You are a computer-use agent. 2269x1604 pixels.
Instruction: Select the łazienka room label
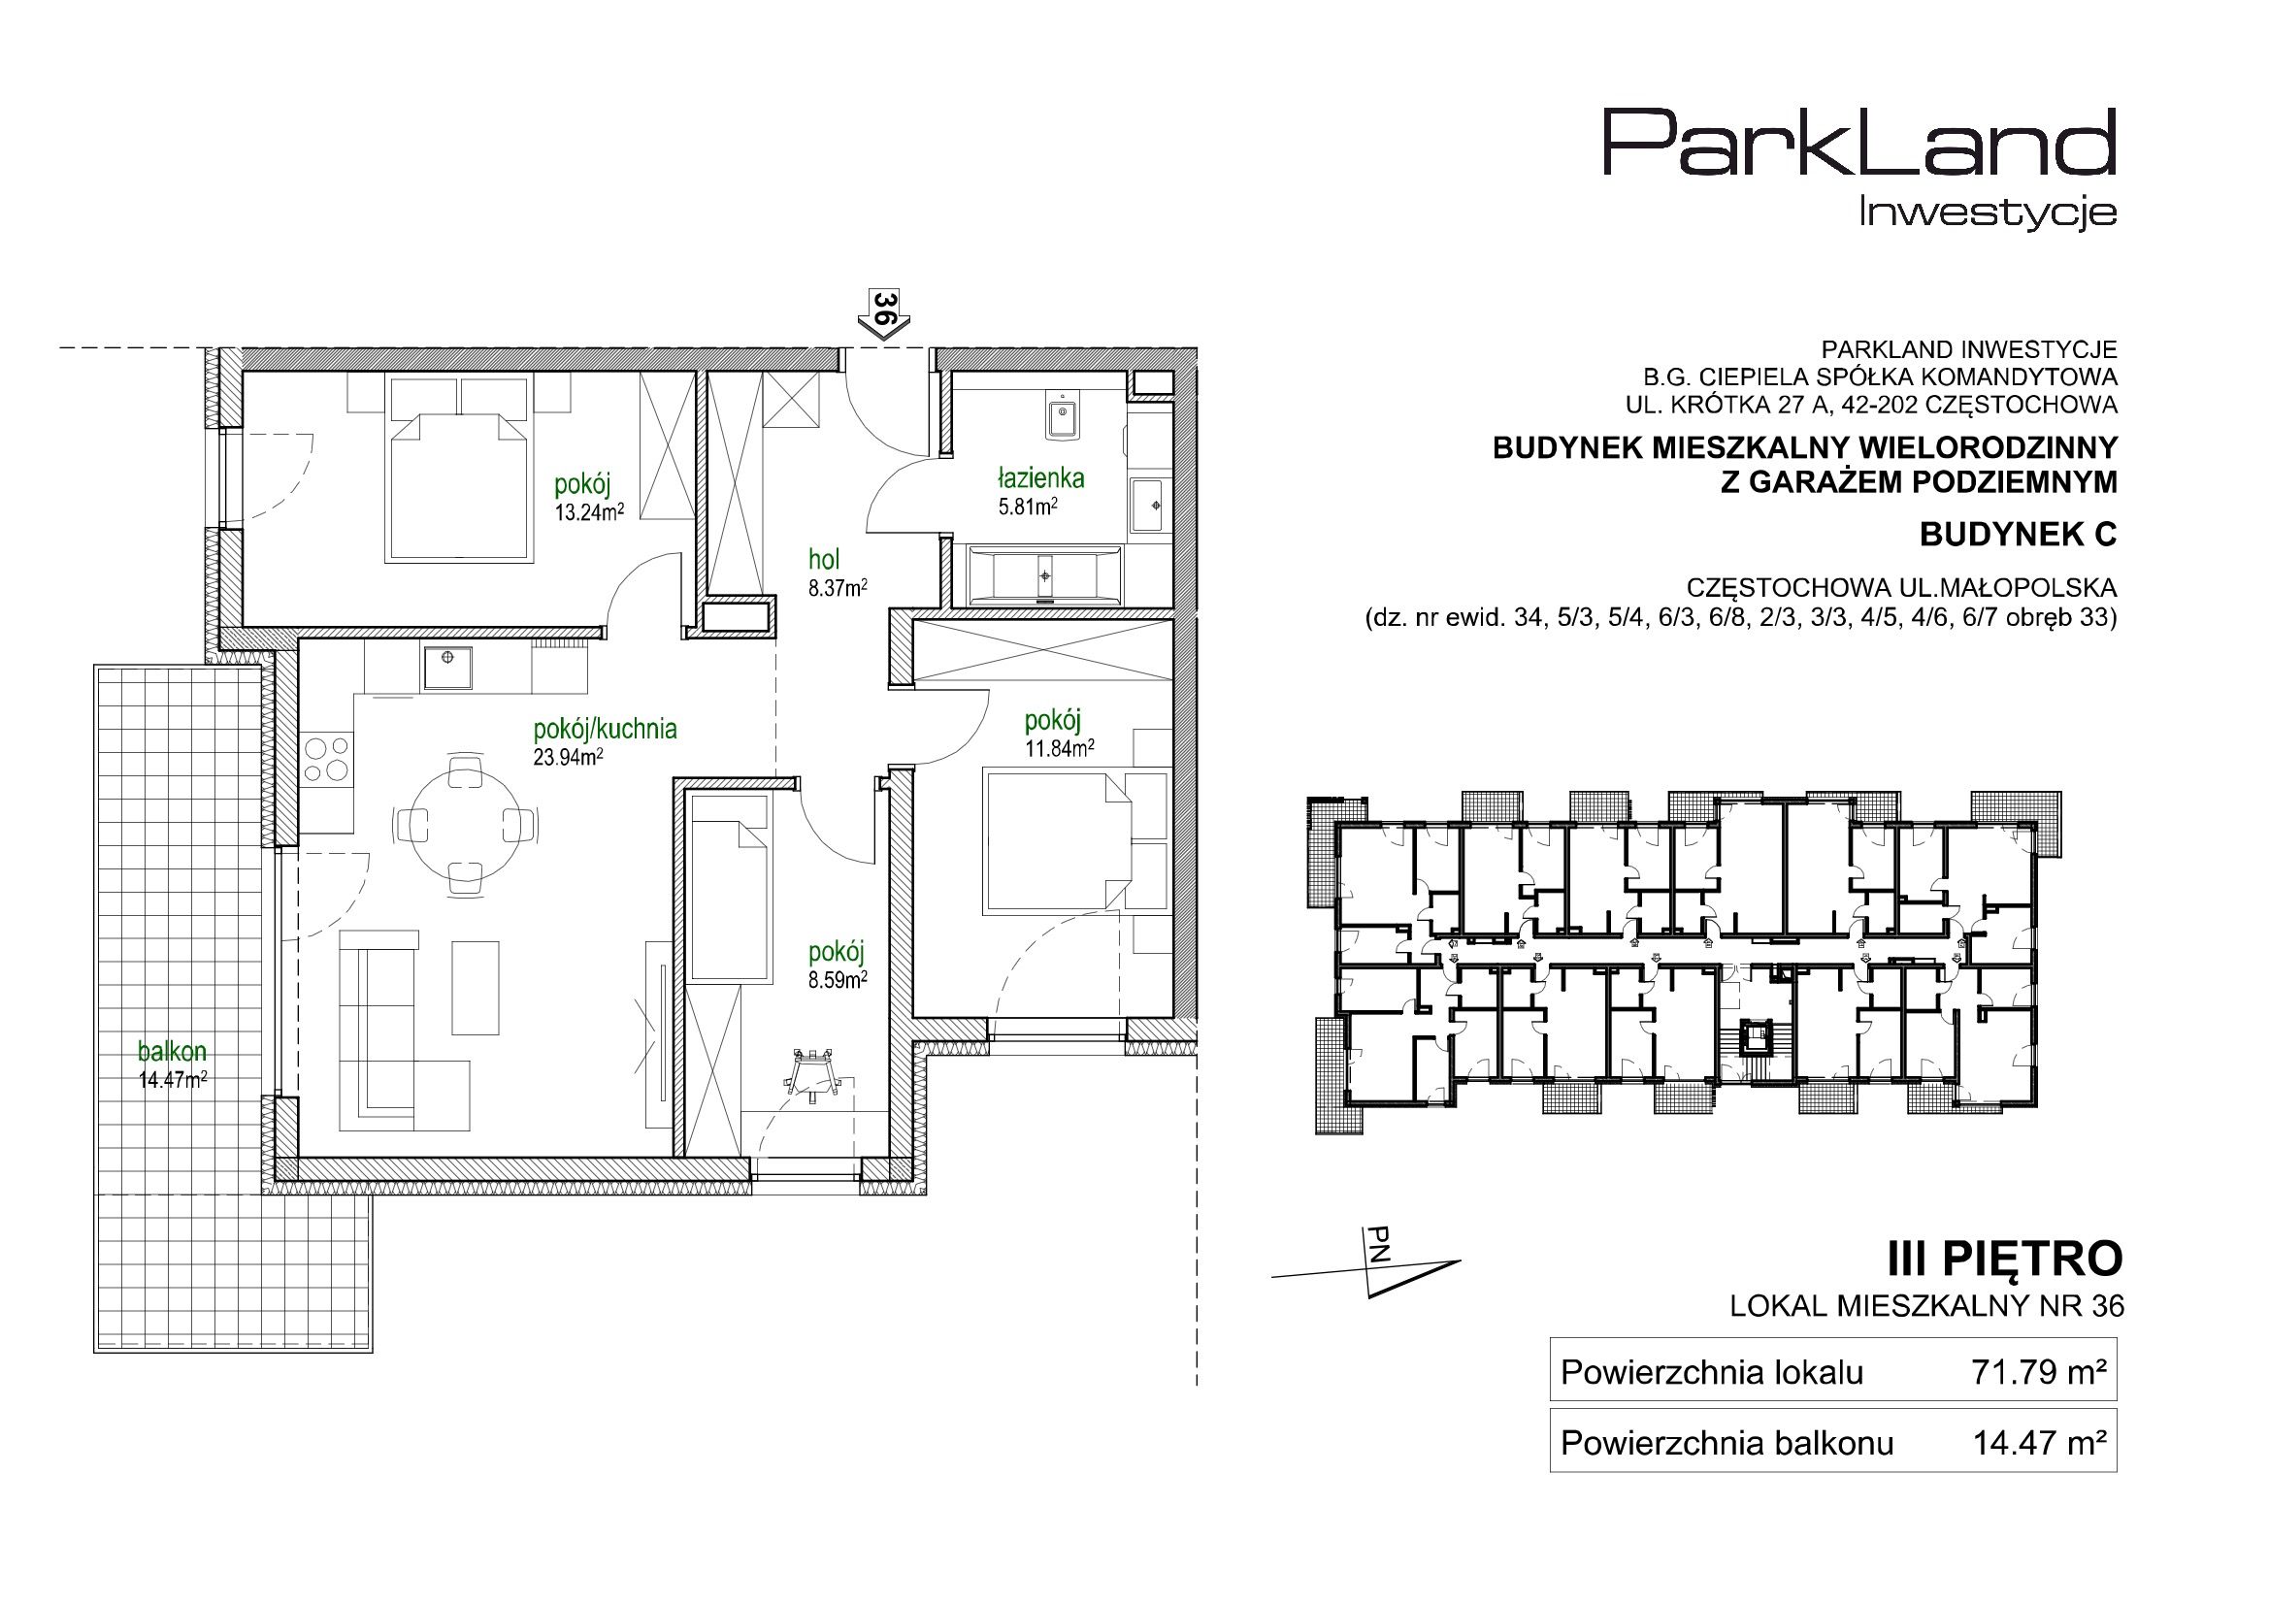[x=1040, y=479]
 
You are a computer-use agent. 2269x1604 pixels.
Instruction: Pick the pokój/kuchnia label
[x=605, y=731]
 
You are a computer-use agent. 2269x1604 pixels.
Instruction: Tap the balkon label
[x=172, y=1053]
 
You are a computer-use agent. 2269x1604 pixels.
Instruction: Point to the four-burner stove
[x=327, y=761]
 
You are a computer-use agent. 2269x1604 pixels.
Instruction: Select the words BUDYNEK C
[x=2018, y=535]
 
